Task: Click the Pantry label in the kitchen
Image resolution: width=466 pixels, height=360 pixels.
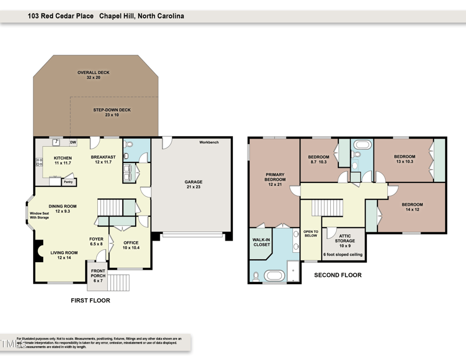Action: pos(68,182)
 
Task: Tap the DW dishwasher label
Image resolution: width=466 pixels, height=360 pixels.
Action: pos(73,142)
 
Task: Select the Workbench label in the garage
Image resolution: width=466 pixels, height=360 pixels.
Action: pos(209,142)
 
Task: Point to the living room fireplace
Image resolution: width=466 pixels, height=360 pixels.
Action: pos(38,252)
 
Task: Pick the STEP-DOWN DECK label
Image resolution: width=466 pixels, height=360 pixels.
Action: pos(112,112)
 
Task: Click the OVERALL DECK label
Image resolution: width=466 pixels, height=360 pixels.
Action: pos(93,75)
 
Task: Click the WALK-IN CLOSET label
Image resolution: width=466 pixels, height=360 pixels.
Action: pos(260,242)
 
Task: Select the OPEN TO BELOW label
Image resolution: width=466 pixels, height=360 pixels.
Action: pos(310,233)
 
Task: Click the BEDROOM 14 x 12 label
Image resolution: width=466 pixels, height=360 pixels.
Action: pos(412,207)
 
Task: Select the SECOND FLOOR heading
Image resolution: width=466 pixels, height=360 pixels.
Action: pos(337,275)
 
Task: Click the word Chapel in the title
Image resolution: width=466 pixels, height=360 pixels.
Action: pos(115,16)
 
